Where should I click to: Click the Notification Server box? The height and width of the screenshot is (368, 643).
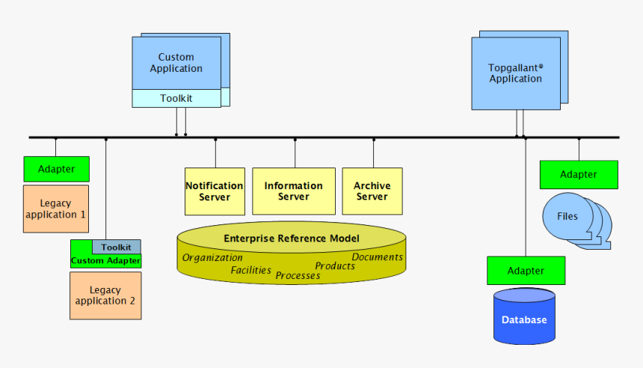(215, 191)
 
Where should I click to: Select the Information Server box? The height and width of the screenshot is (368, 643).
(293, 191)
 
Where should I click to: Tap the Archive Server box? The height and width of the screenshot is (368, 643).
(372, 191)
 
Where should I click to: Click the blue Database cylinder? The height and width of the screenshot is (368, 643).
(524, 317)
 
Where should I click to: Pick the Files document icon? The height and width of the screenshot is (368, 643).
(568, 217)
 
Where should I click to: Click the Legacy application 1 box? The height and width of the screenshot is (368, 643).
(56, 209)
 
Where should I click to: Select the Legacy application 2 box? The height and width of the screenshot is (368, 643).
(105, 295)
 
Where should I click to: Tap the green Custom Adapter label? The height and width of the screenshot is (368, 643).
(105, 261)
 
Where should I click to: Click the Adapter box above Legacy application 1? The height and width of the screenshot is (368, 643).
(56, 169)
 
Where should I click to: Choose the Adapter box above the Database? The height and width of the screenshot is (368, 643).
(526, 270)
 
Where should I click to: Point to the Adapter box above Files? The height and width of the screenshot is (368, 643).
(579, 174)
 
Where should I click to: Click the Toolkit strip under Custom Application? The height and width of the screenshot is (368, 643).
(176, 98)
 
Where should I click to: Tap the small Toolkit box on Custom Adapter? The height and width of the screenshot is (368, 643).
(117, 247)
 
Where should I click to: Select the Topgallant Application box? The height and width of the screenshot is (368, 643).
(515, 73)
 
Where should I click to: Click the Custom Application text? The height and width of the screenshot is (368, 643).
(176, 63)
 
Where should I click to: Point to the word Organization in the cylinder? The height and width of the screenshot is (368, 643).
(212, 258)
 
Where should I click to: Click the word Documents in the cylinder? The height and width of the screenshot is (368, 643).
(378, 257)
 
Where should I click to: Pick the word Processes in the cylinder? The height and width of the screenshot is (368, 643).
(298, 275)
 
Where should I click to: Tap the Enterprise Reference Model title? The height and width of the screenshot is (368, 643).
(292, 239)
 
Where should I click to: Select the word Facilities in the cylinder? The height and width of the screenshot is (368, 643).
(250, 270)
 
